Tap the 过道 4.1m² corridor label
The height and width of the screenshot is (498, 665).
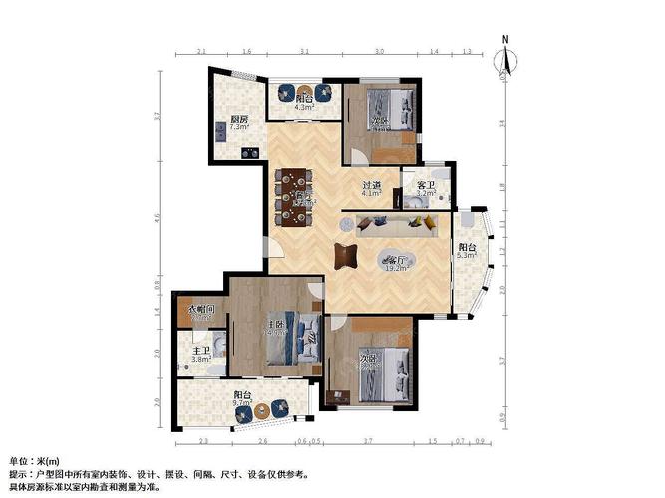(372, 188)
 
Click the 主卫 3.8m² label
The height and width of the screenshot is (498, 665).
(201, 355)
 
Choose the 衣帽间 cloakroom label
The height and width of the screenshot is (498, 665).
(201, 311)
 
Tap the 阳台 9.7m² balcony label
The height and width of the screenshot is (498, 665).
(243, 400)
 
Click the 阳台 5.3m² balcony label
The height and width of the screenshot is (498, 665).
(467, 252)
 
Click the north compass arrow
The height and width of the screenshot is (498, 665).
(506, 57)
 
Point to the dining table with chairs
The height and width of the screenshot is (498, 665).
(292, 195)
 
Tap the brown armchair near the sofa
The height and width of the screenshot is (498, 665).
(345, 255)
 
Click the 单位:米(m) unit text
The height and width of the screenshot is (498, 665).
(33, 462)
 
